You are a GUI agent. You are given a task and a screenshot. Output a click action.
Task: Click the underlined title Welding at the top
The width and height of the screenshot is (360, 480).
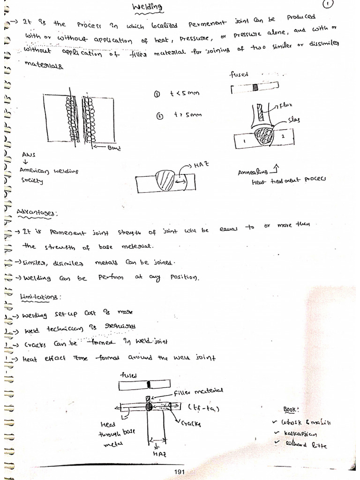tap(147, 7)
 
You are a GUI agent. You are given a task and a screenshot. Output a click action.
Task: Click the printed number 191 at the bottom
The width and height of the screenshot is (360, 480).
tap(180, 472)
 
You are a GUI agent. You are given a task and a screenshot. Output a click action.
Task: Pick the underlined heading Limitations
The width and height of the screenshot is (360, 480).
tap(41, 297)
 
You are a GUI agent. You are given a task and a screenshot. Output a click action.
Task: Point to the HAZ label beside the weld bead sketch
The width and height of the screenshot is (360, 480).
tap(201, 165)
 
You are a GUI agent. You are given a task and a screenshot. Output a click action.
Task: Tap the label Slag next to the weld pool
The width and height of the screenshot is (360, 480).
tap(295, 120)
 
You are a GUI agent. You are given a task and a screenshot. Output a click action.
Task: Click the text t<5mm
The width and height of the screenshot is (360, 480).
tap(185, 94)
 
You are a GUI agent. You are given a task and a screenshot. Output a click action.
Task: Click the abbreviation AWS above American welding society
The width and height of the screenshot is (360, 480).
tap(28, 154)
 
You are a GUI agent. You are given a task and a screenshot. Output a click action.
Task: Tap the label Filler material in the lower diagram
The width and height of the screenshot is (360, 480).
tap(198, 390)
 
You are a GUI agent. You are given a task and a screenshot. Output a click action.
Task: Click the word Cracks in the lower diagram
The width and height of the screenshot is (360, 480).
tap(191, 423)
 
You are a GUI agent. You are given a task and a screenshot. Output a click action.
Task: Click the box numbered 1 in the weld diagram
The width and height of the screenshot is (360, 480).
tap(244, 139)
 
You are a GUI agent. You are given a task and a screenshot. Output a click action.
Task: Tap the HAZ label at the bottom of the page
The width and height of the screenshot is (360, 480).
tap(157, 454)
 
